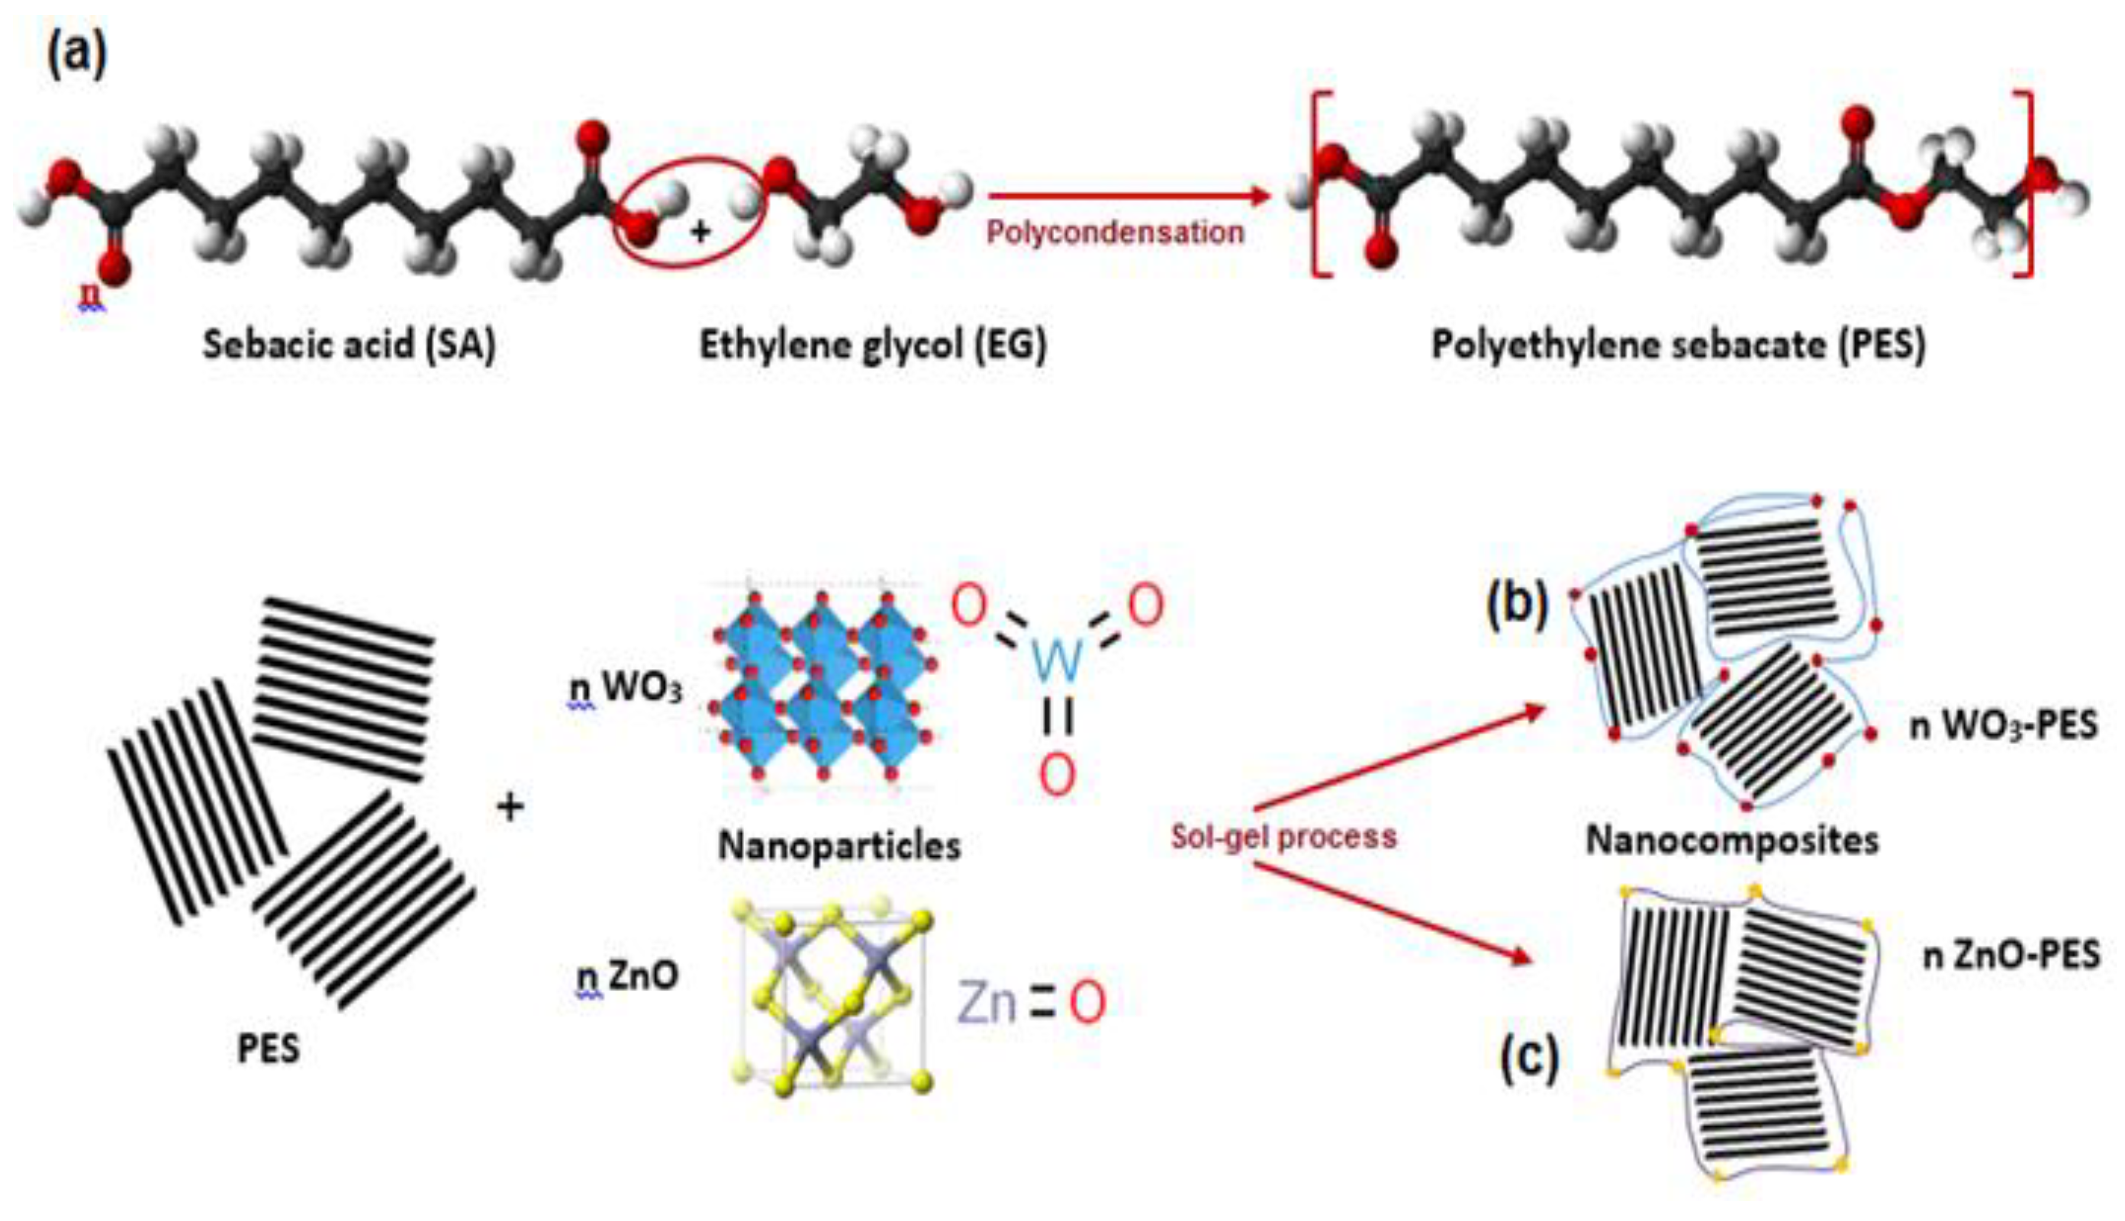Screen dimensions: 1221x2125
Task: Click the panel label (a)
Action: click(x=77, y=54)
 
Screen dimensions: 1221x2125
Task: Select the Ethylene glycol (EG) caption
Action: click(x=872, y=345)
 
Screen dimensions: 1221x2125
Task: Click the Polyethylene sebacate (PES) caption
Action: click(x=1678, y=345)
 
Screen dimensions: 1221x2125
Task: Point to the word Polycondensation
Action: click(x=1115, y=232)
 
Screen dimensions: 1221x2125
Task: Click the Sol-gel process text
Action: click(x=1283, y=837)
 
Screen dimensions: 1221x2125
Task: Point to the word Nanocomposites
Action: click(x=1732, y=841)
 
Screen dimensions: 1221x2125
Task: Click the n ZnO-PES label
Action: click(x=2010, y=955)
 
